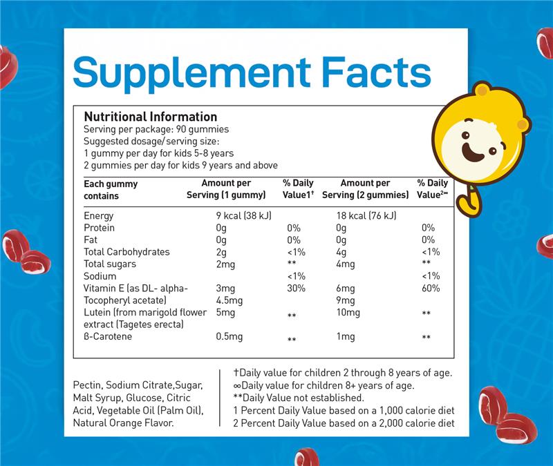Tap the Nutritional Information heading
(150, 117)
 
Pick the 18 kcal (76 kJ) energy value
(366, 215)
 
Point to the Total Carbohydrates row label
(126, 252)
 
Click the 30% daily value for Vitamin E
(296, 288)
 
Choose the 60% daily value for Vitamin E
(429, 288)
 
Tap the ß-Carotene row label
(108, 337)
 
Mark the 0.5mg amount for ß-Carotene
(229, 337)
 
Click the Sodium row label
(100, 276)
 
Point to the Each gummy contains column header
(111, 189)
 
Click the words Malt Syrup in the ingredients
(101, 398)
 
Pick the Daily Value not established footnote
(299, 398)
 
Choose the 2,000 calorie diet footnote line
(343, 423)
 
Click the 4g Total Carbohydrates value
(341, 252)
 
